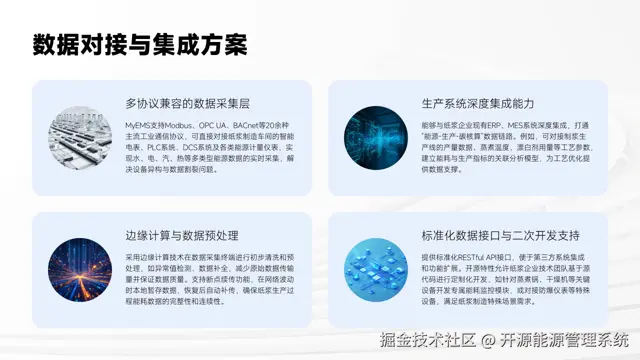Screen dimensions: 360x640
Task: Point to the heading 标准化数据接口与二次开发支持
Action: tap(487, 236)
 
